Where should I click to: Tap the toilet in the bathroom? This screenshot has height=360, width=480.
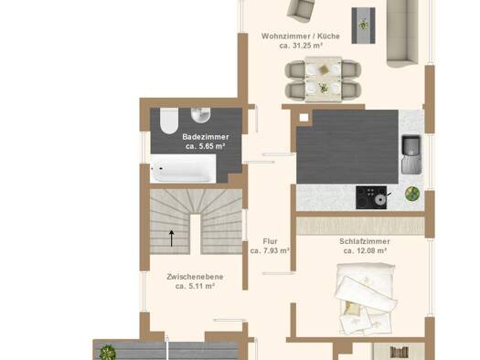(x=169, y=121)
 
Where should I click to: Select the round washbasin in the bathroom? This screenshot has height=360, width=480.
(x=201, y=115)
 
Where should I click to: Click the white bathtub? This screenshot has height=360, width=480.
(x=183, y=168)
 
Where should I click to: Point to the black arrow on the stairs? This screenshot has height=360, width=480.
(x=172, y=238)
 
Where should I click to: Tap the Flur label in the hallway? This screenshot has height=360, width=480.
(x=270, y=241)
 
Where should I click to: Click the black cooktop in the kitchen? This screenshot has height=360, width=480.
(x=371, y=197)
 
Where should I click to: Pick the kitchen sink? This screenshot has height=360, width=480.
(x=411, y=154)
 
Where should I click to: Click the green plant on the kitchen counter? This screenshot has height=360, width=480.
(x=412, y=194)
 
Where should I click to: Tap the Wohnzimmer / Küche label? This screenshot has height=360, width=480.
(x=301, y=37)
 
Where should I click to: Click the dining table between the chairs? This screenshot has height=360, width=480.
(x=324, y=79)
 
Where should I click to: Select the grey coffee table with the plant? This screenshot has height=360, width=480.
(x=363, y=26)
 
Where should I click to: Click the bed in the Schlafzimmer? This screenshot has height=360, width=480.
(x=365, y=298)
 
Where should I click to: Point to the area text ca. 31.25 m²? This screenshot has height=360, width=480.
(x=301, y=46)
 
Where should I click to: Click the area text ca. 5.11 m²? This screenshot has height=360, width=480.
(x=195, y=286)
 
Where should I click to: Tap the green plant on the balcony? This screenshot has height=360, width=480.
(x=108, y=353)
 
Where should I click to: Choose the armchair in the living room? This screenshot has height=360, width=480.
(x=300, y=10)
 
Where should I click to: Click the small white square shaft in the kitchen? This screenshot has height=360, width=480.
(x=304, y=118)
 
